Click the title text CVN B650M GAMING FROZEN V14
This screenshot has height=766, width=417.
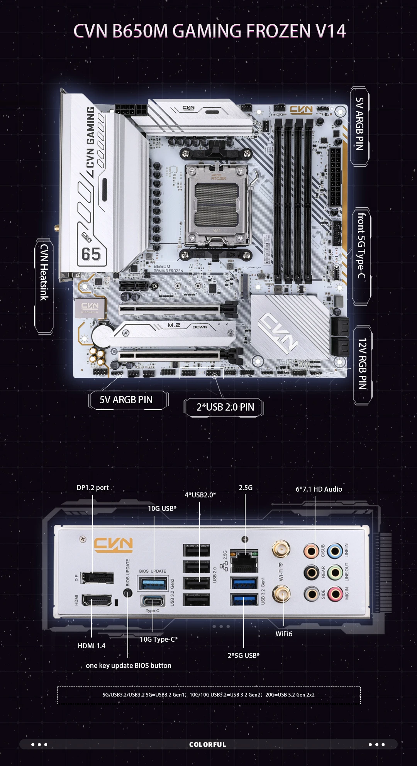pos(209,31)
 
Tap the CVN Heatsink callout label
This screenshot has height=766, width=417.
pos(44,272)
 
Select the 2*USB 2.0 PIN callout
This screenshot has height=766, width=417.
pos(225,407)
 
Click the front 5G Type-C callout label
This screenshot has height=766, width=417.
pos(361,246)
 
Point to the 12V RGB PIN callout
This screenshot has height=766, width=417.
pos(362,364)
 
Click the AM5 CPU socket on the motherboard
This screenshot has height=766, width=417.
pos(216,205)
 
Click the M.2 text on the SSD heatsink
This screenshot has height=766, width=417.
pos(174,325)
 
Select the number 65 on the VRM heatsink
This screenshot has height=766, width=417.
pos(91,255)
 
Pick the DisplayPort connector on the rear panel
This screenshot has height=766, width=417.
pos(97,578)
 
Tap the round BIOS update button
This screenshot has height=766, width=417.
pos(127,593)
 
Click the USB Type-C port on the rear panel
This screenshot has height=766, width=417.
pos(153,602)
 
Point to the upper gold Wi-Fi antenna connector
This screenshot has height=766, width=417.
pos(281,549)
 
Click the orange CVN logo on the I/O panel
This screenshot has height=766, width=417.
pos(114,544)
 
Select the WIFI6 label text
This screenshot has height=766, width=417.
pos(284,634)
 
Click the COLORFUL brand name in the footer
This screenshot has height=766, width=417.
pos(208,744)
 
